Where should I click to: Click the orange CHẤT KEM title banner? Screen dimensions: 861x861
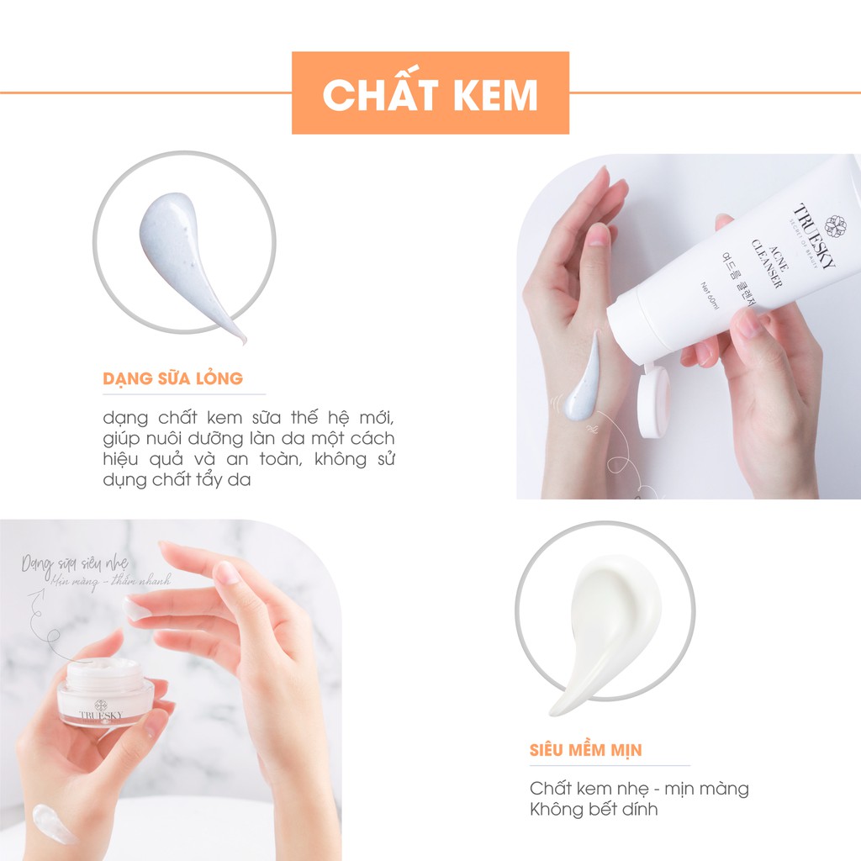(430, 93)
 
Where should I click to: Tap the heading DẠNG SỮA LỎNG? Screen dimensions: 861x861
(172, 378)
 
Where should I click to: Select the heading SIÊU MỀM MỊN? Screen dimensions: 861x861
(585, 750)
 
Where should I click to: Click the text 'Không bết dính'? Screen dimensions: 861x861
(594, 810)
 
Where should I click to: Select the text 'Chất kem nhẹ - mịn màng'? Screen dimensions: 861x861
(639, 789)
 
